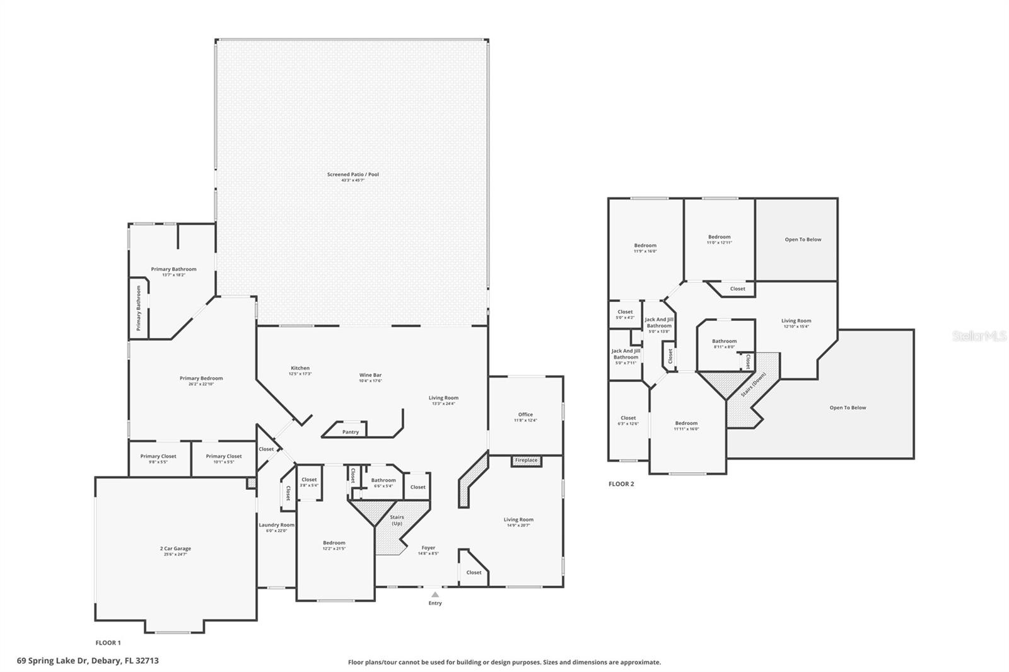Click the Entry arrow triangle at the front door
435,594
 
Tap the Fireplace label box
526,460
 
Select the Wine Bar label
370,375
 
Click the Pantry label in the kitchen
351,432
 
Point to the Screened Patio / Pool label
353,175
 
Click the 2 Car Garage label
175,548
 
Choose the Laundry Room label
276,525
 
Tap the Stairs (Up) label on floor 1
397,520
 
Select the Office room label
525,415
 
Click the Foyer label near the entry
428,548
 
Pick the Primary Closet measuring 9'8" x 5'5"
158,456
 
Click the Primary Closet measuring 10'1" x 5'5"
224,456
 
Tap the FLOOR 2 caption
621,484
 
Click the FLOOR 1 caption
108,643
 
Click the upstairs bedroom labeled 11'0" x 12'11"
719,237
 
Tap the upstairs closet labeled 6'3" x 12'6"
628,418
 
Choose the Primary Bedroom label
201,379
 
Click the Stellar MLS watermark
979,337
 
